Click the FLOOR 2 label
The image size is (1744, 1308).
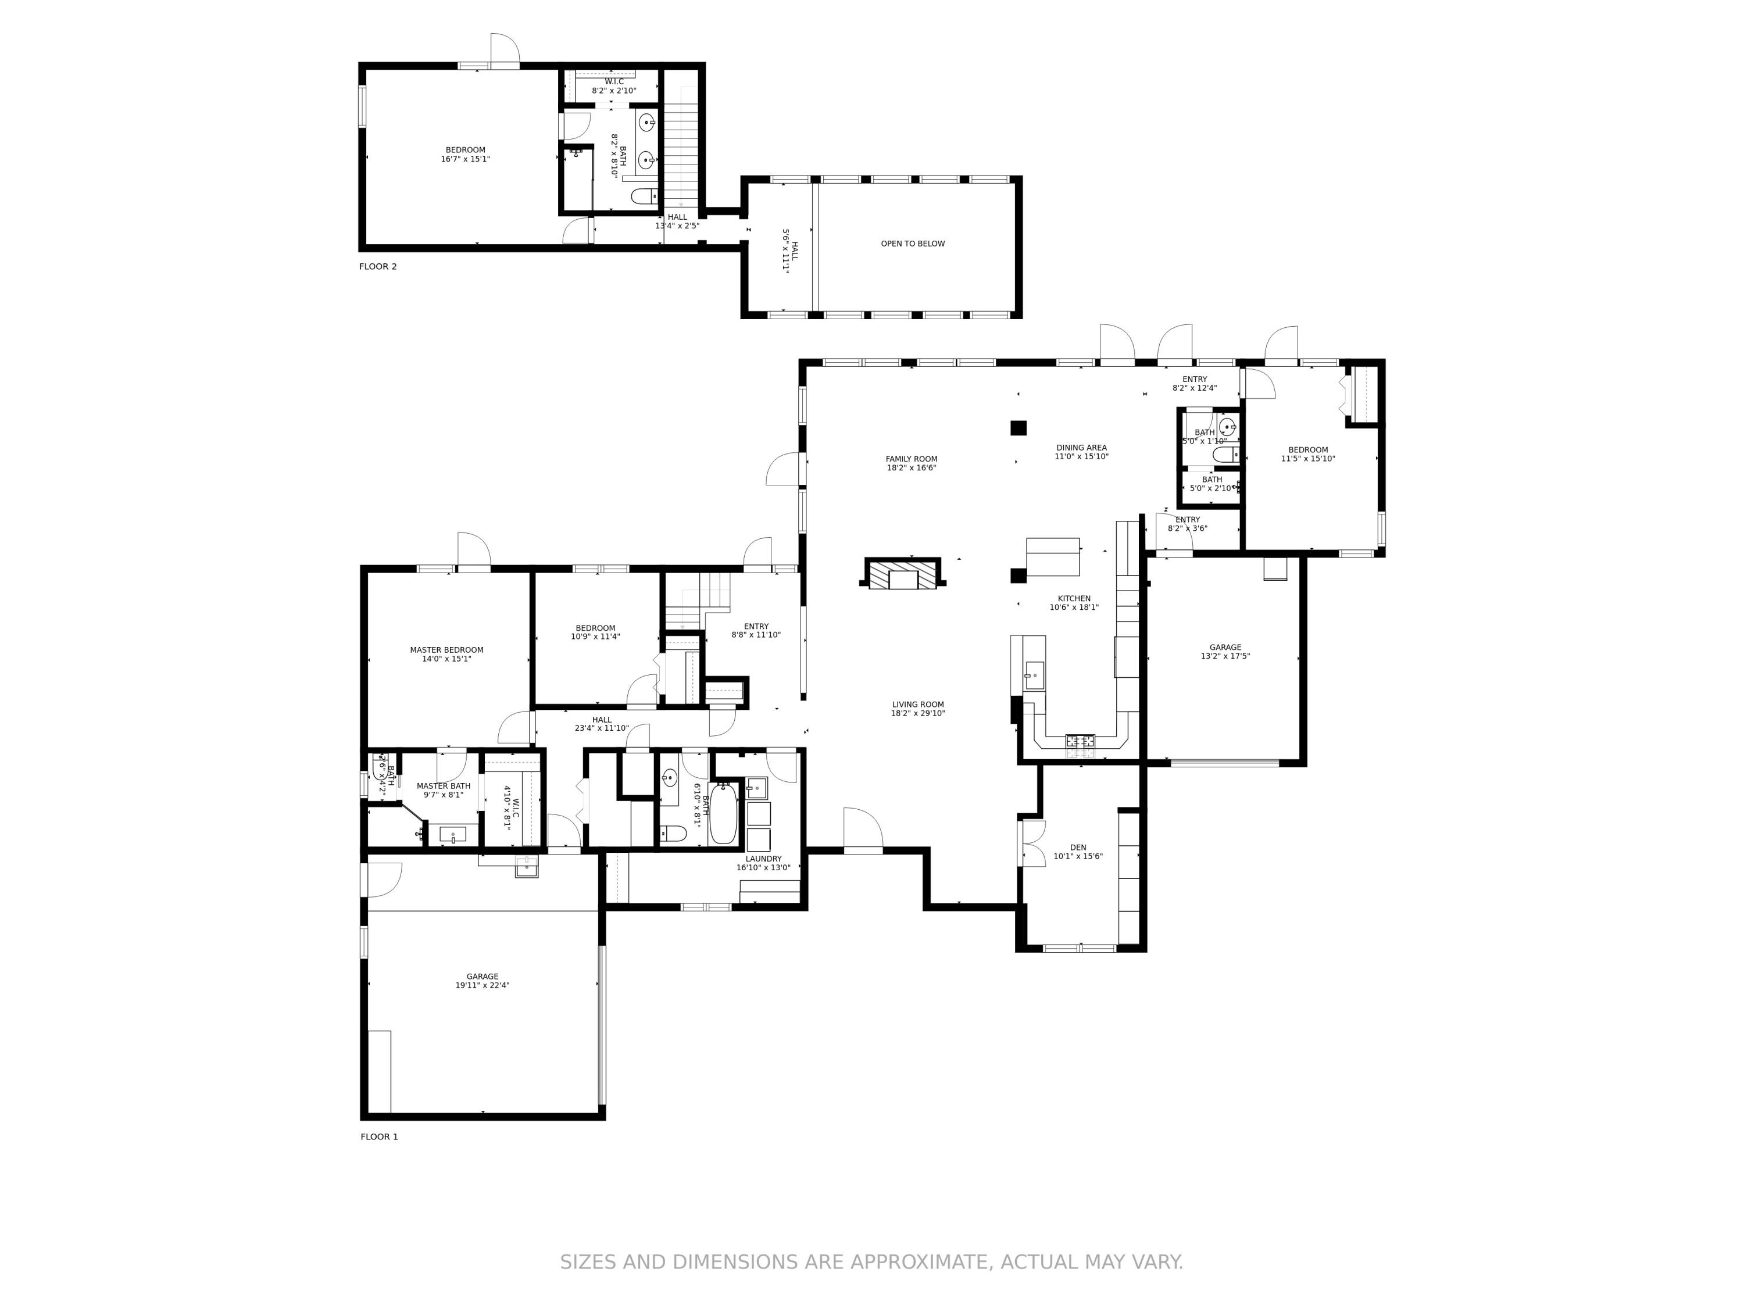click(x=378, y=266)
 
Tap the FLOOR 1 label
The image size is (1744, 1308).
click(x=379, y=1136)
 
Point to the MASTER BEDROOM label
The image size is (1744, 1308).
click(x=446, y=650)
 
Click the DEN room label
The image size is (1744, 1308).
click(x=1078, y=848)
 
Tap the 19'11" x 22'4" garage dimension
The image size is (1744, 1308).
click(x=482, y=985)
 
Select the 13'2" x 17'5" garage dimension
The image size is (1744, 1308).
click(x=1225, y=656)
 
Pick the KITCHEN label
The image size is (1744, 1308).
click(x=1074, y=598)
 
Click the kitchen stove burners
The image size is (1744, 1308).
click(x=1080, y=741)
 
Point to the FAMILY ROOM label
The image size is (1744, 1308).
click(x=912, y=459)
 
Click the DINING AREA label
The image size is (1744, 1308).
click(x=1081, y=447)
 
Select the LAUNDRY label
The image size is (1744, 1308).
click(x=763, y=859)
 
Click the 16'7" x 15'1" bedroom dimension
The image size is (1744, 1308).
click(x=465, y=159)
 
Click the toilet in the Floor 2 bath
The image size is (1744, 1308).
click(x=644, y=195)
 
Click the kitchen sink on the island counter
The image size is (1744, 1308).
click(x=1034, y=674)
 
